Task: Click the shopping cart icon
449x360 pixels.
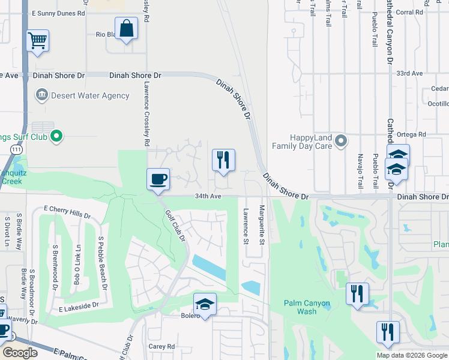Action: coord(37,41)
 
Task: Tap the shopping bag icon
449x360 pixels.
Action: coord(127,28)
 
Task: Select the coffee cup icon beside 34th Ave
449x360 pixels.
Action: coord(158,179)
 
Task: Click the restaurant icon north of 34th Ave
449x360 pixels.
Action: coord(223,160)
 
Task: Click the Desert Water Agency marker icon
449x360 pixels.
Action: coord(42,95)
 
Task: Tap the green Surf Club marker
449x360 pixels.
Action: coord(56,137)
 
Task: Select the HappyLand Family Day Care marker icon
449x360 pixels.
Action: coord(341,142)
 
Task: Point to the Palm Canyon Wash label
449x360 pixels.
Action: coord(307,307)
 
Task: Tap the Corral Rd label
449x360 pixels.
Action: coord(426,12)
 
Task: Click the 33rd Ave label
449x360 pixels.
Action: coord(410,73)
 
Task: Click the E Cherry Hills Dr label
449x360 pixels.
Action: coord(67,212)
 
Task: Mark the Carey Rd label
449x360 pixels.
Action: coord(161,346)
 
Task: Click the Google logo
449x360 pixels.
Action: coord(20,353)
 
